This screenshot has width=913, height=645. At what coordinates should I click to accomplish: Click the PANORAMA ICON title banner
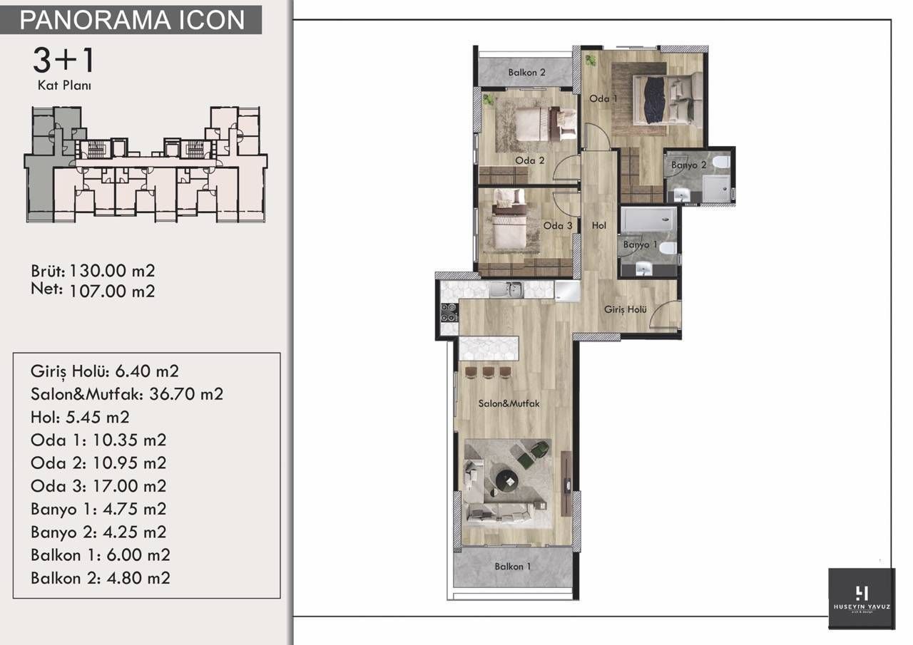coord(132,20)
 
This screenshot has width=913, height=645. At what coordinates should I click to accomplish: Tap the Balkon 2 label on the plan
coord(527,72)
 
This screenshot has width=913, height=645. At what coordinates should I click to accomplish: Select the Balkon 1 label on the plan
coord(514,567)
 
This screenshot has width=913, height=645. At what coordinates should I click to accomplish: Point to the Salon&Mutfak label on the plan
coord(509,403)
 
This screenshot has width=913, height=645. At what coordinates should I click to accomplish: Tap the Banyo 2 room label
coord(688,165)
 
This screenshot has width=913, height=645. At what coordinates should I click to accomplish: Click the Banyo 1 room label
coord(640,244)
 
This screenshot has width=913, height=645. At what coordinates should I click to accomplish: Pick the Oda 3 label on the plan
coord(558,226)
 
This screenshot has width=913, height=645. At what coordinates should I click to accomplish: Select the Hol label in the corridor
coord(598,225)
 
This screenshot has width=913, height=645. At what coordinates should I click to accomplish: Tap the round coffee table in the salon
coord(507,479)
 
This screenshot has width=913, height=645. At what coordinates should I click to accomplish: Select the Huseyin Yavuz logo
coord(861,598)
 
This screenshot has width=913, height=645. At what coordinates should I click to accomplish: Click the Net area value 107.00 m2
coord(112,291)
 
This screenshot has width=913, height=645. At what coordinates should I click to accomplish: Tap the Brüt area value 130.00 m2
coord(112,271)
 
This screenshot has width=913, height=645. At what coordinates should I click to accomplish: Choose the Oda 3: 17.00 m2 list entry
coord(98,486)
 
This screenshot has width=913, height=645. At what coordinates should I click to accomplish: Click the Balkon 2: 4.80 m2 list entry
coord(101,578)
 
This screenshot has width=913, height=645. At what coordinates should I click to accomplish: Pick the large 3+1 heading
coord(63,61)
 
